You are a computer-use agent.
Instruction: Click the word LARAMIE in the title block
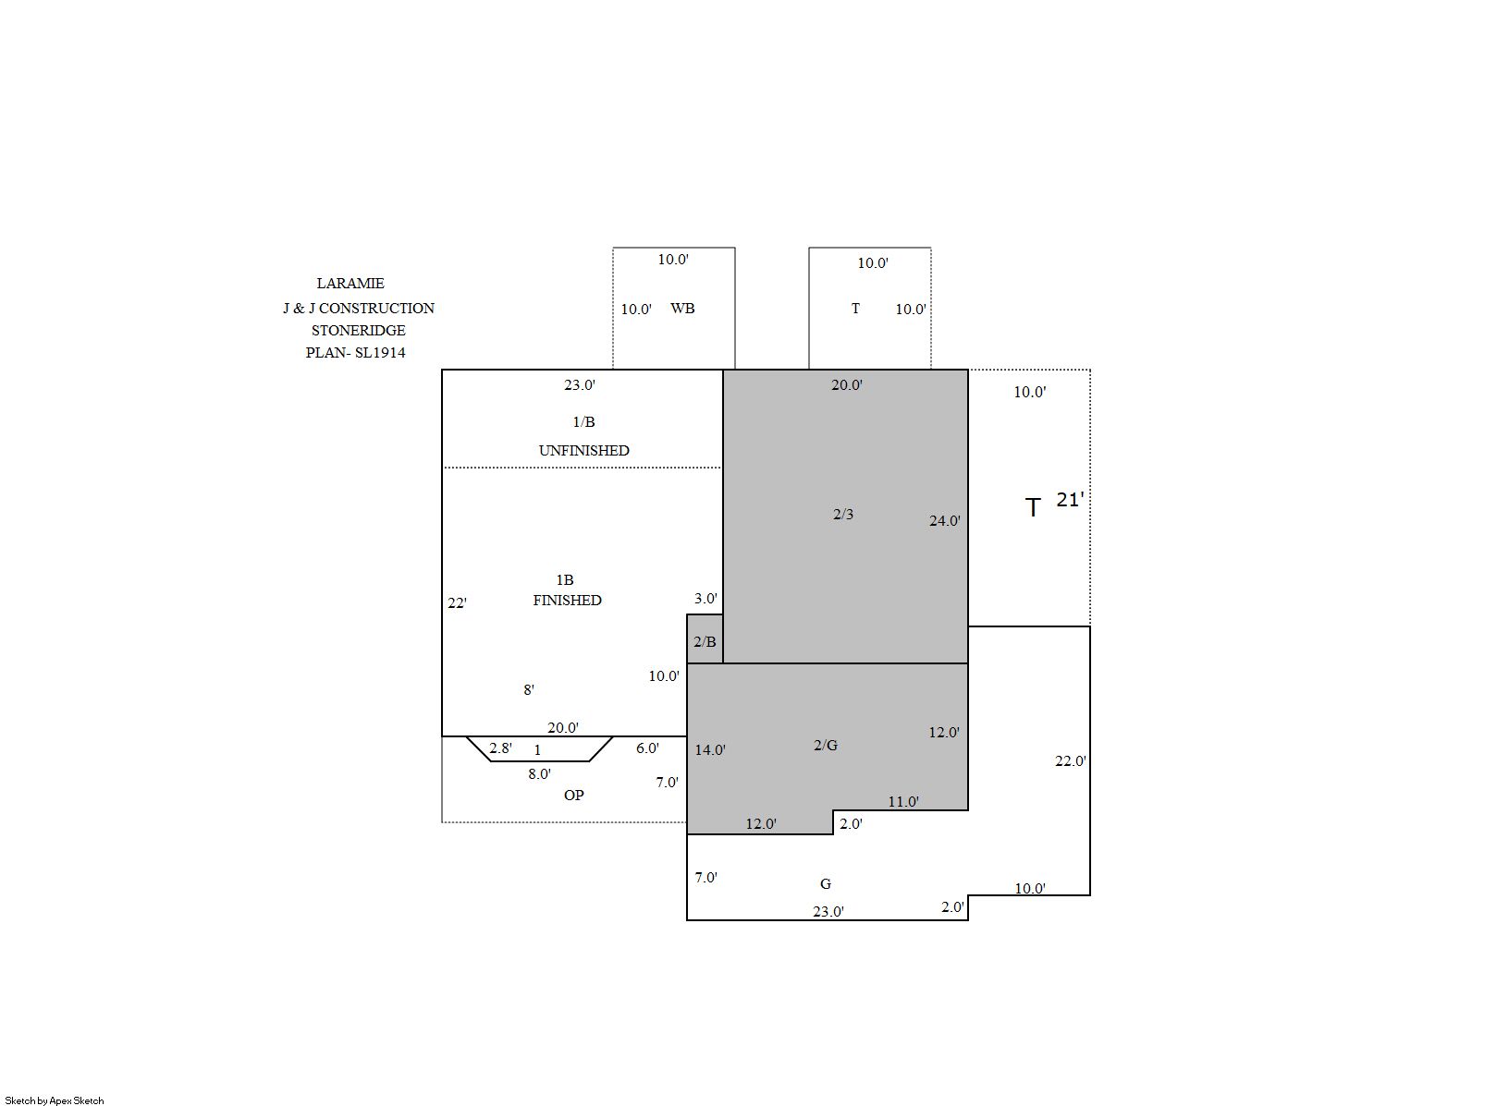click(x=350, y=284)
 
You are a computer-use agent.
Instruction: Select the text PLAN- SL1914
click(x=356, y=353)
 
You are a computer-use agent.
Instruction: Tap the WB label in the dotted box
click(x=682, y=309)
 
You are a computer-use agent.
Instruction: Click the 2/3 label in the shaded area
click(x=842, y=515)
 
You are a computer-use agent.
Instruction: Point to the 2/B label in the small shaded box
click(x=705, y=641)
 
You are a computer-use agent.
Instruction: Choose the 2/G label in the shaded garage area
click(x=826, y=745)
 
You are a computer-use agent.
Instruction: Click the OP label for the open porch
click(x=574, y=795)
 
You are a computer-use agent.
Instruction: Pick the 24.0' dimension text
click(x=944, y=520)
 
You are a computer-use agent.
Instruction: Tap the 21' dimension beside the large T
click(x=1070, y=500)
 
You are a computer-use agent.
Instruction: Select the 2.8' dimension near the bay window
click(x=500, y=747)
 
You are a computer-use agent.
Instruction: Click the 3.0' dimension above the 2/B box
click(x=706, y=599)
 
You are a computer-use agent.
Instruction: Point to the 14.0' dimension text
click(x=710, y=750)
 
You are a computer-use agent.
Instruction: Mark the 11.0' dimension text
click(x=903, y=802)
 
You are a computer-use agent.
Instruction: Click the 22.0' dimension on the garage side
click(x=1071, y=760)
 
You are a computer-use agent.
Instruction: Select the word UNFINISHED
click(x=584, y=450)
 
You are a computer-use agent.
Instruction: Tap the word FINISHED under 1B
click(x=567, y=601)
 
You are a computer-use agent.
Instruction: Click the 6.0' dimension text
click(x=647, y=747)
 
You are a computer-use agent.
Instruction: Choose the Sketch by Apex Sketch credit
click(x=55, y=1100)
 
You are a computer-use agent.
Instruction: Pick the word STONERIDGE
click(x=359, y=331)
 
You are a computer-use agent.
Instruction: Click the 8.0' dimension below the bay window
click(x=540, y=774)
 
